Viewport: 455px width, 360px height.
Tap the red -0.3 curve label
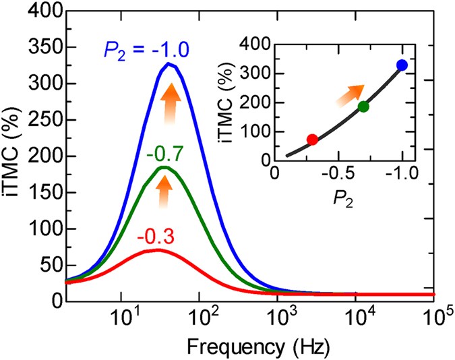coord(156,237)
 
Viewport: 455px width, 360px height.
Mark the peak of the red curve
coord(157,250)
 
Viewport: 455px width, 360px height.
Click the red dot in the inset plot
coord(312,140)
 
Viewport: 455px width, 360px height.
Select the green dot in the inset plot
coord(363,107)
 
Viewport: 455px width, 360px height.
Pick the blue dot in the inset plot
coord(402,65)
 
